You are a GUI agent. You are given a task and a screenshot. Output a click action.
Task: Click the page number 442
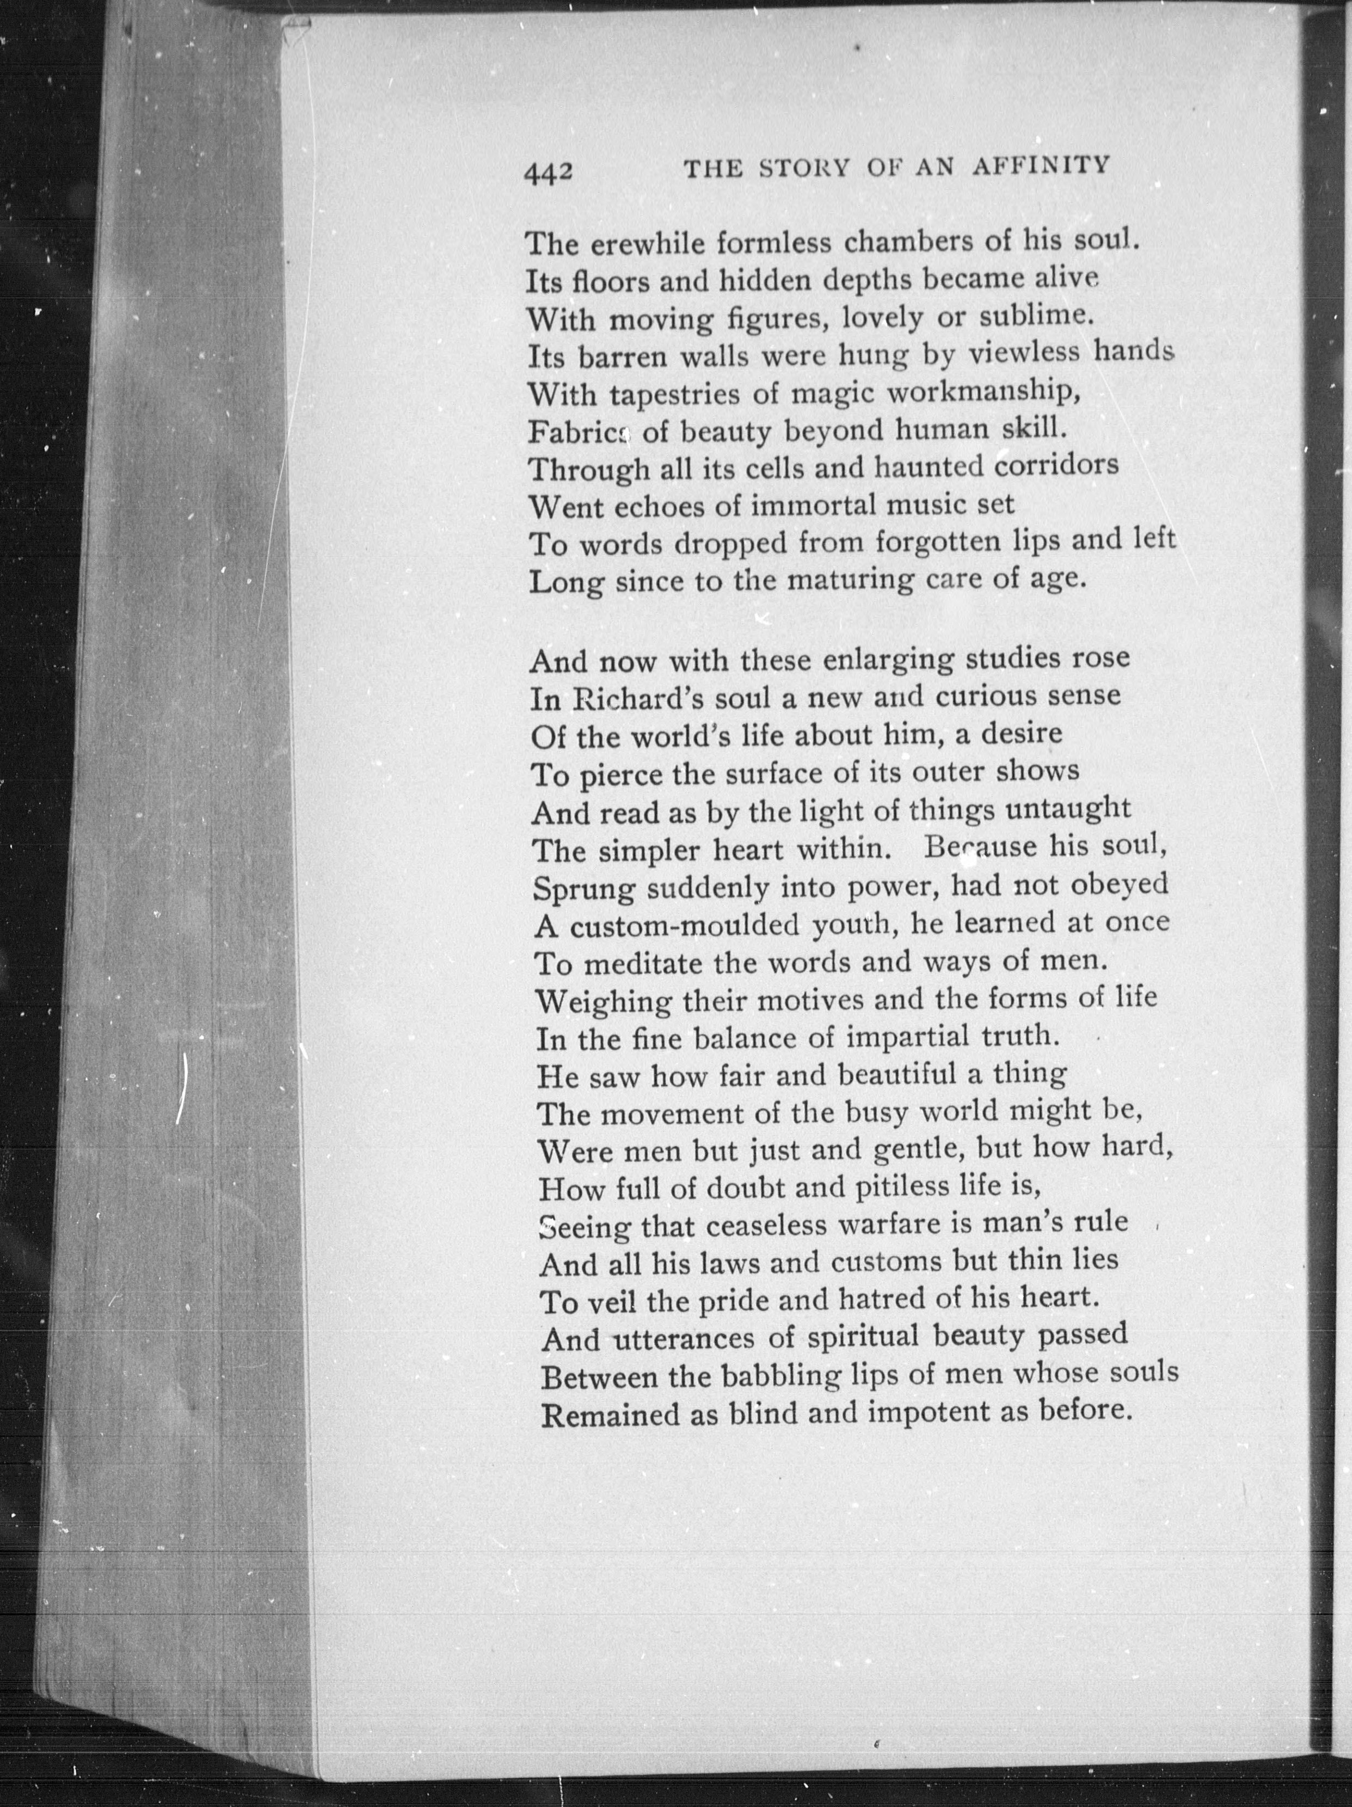tap(548, 173)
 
